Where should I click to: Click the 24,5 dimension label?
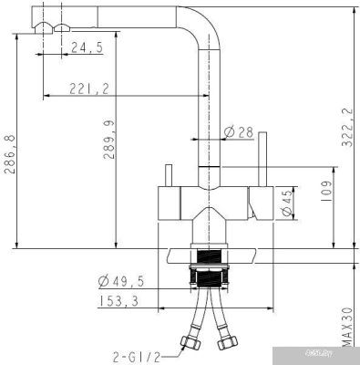coord(87,47)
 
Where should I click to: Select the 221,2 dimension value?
coord(89,89)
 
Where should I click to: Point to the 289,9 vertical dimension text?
coord(108,140)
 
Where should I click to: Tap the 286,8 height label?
coord(9,154)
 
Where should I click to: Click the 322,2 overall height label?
coord(347,128)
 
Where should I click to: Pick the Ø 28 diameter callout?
coord(239,132)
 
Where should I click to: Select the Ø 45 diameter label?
coord(287,203)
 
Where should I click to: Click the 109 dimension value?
coord(326,192)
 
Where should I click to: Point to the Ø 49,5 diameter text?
coord(121,281)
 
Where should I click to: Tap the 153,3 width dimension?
coord(118,301)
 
